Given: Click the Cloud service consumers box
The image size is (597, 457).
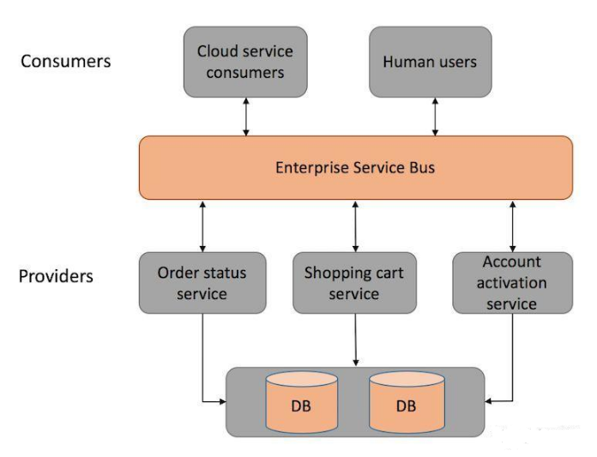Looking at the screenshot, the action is (x=245, y=62).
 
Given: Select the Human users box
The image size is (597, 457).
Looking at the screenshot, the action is (x=431, y=62).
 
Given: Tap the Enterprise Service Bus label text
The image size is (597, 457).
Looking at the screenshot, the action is (x=355, y=168).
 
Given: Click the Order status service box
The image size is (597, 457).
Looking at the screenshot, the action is (x=202, y=283).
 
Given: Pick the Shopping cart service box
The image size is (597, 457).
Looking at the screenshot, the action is (x=354, y=283).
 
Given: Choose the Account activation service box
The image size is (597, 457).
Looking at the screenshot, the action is (x=512, y=283).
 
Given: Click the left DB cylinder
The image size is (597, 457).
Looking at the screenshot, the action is (x=302, y=402).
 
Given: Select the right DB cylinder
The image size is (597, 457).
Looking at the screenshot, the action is (x=407, y=402).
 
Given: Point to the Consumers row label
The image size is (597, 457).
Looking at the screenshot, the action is (x=65, y=61).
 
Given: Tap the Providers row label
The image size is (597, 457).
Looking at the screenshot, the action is (x=56, y=276).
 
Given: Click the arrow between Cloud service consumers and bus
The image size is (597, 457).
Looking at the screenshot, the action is (x=246, y=117).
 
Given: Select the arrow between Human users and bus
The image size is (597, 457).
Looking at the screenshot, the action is (x=435, y=117).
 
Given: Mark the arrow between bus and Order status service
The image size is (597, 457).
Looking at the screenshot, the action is (x=202, y=226).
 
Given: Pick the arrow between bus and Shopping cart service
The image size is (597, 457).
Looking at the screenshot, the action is (x=355, y=226).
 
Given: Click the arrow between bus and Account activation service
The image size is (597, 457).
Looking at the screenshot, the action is (x=512, y=226).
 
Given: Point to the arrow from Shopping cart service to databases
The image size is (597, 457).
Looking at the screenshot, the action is (x=356, y=340).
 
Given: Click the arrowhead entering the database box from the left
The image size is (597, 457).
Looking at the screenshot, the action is (x=222, y=401).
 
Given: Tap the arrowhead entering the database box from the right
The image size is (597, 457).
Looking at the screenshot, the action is (x=488, y=401).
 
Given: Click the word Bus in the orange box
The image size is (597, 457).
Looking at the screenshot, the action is (x=422, y=168).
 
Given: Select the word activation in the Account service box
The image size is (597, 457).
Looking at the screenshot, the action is (x=512, y=283).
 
